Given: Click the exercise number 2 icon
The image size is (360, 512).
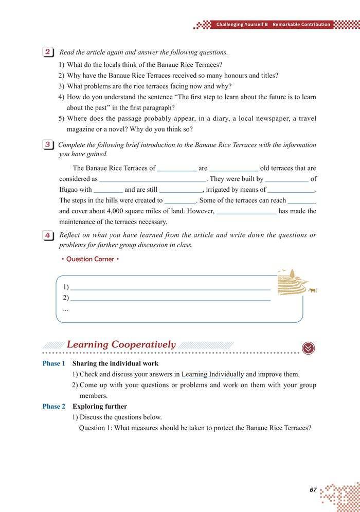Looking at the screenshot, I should [x=48, y=52].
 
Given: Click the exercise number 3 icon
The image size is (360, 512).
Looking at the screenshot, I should [x=48, y=145].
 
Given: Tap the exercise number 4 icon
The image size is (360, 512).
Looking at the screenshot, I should [x=48, y=235].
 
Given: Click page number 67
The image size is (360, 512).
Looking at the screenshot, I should [x=313, y=490].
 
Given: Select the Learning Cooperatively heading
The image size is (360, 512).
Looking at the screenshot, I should [x=121, y=344].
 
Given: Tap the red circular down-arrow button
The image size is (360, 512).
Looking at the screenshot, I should [x=308, y=348].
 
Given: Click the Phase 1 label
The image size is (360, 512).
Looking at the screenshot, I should [x=54, y=363].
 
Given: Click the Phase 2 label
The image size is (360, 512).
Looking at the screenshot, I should [x=54, y=406].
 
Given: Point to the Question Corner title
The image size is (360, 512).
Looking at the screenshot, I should [x=90, y=259].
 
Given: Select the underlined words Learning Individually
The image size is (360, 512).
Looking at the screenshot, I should [x=212, y=374].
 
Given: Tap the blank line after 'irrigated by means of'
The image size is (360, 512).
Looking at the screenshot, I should [x=291, y=190].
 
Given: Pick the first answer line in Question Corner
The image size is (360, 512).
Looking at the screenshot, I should [x=170, y=288].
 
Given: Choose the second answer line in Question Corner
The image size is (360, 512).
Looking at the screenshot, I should [x=170, y=299].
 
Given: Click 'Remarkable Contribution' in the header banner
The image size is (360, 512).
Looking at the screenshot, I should [x=301, y=25].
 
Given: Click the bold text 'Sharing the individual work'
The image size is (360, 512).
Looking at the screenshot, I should [x=115, y=363].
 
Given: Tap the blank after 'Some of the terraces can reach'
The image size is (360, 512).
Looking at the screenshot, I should [x=302, y=201].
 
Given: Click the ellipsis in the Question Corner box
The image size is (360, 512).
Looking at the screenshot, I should [x=65, y=309].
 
